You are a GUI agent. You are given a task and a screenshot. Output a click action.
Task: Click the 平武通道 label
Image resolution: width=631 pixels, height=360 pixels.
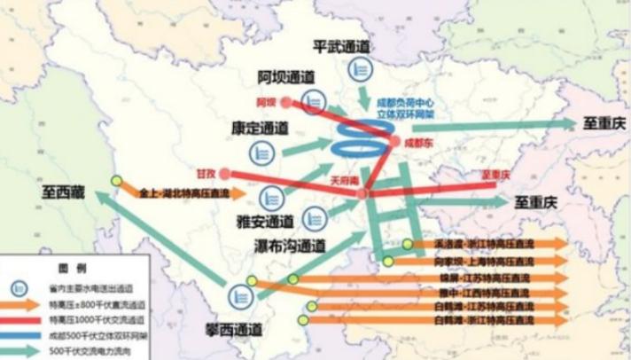click(x=341, y=46)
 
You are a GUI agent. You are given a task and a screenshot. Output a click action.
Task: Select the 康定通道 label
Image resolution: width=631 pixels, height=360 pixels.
click(x=260, y=129)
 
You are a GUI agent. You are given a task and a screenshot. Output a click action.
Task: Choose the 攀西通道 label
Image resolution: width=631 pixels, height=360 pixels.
click(x=232, y=330)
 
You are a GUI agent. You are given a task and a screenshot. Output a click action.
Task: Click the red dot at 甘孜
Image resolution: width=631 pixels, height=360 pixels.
click(x=225, y=174)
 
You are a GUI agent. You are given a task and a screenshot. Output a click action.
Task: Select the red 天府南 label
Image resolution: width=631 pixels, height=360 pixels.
click(x=344, y=180)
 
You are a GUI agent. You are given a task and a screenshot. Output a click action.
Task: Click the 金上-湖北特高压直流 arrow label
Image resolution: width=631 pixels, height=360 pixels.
click(x=183, y=192)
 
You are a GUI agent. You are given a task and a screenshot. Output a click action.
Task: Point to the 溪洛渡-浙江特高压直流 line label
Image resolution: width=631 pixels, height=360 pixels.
click(x=482, y=243)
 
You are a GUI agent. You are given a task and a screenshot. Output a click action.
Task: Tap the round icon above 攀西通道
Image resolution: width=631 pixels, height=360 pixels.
click(x=238, y=297)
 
